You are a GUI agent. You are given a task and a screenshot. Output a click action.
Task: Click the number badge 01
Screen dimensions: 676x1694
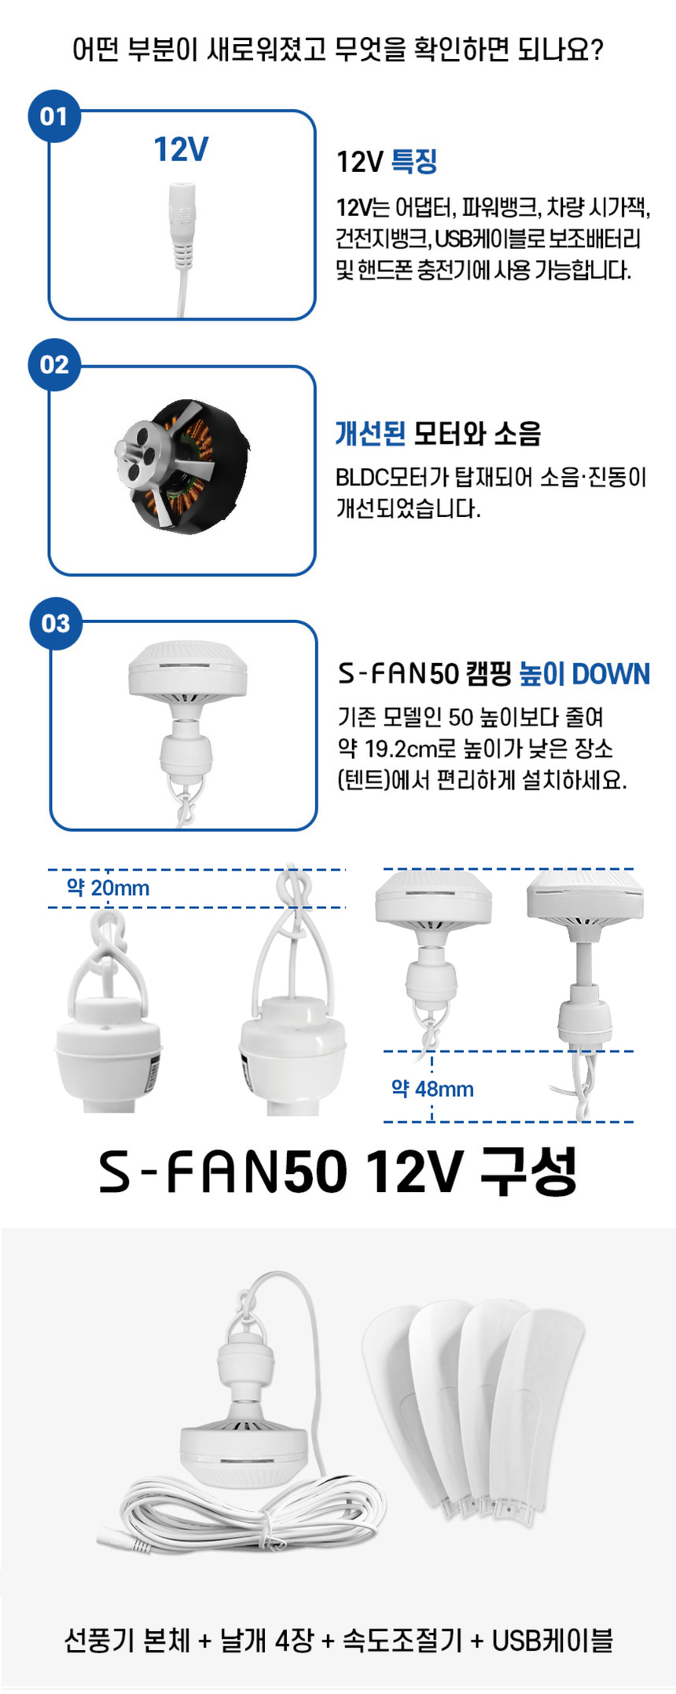coord(53,116)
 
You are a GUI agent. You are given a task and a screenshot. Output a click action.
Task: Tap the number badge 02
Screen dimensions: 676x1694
coord(53,365)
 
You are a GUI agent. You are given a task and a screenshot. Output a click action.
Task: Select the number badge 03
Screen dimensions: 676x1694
coord(55,624)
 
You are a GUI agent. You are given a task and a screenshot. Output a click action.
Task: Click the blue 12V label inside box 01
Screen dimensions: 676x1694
coord(181,149)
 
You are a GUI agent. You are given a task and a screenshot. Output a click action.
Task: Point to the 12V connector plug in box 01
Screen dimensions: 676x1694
coord(182,228)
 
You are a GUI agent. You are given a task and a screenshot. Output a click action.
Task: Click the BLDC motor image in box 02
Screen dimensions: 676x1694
coord(182,466)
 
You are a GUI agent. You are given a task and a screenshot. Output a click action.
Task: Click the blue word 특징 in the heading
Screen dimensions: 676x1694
coord(414,162)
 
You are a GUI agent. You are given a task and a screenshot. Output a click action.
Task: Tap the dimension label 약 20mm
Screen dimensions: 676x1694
coord(108,888)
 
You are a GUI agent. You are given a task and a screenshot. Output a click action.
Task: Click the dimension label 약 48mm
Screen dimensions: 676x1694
coord(432,1089)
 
